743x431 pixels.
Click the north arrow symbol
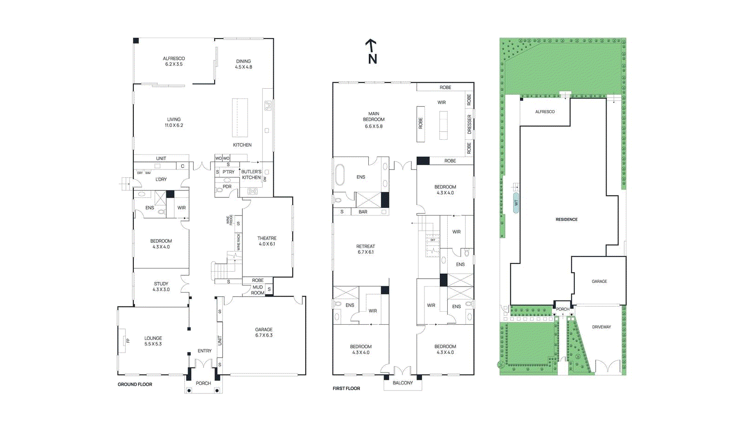(x=371, y=51)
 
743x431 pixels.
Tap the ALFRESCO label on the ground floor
(x=174, y=61)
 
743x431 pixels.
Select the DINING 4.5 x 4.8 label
(x=243, y=64)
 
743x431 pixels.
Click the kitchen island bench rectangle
(x=240, y=118)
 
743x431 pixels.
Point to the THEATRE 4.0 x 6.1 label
(x=267, y=241)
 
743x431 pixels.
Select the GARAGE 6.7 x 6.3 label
(x=264, y=332)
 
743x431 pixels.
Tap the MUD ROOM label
(x=257, y=290)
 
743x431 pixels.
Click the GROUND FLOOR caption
(x=135, y=384)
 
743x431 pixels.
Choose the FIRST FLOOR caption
(x=346, y=388)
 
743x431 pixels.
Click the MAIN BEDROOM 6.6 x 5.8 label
(x=374, y=120)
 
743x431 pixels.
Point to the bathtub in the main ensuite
(x=340, y=175)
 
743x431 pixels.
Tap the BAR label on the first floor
(x=363, y=212)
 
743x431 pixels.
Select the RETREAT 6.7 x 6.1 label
(x=365, y=249)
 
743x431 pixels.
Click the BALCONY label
(x=402, y=383)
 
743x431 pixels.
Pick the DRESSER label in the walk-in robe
(x=469, y=124)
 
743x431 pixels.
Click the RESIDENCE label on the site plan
(x=567, y=219)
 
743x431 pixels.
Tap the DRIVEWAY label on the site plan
(x=601, y=327)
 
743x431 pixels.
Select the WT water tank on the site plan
(x=516, y=203)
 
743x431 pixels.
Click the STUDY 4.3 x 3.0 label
(x=161, y=287)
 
